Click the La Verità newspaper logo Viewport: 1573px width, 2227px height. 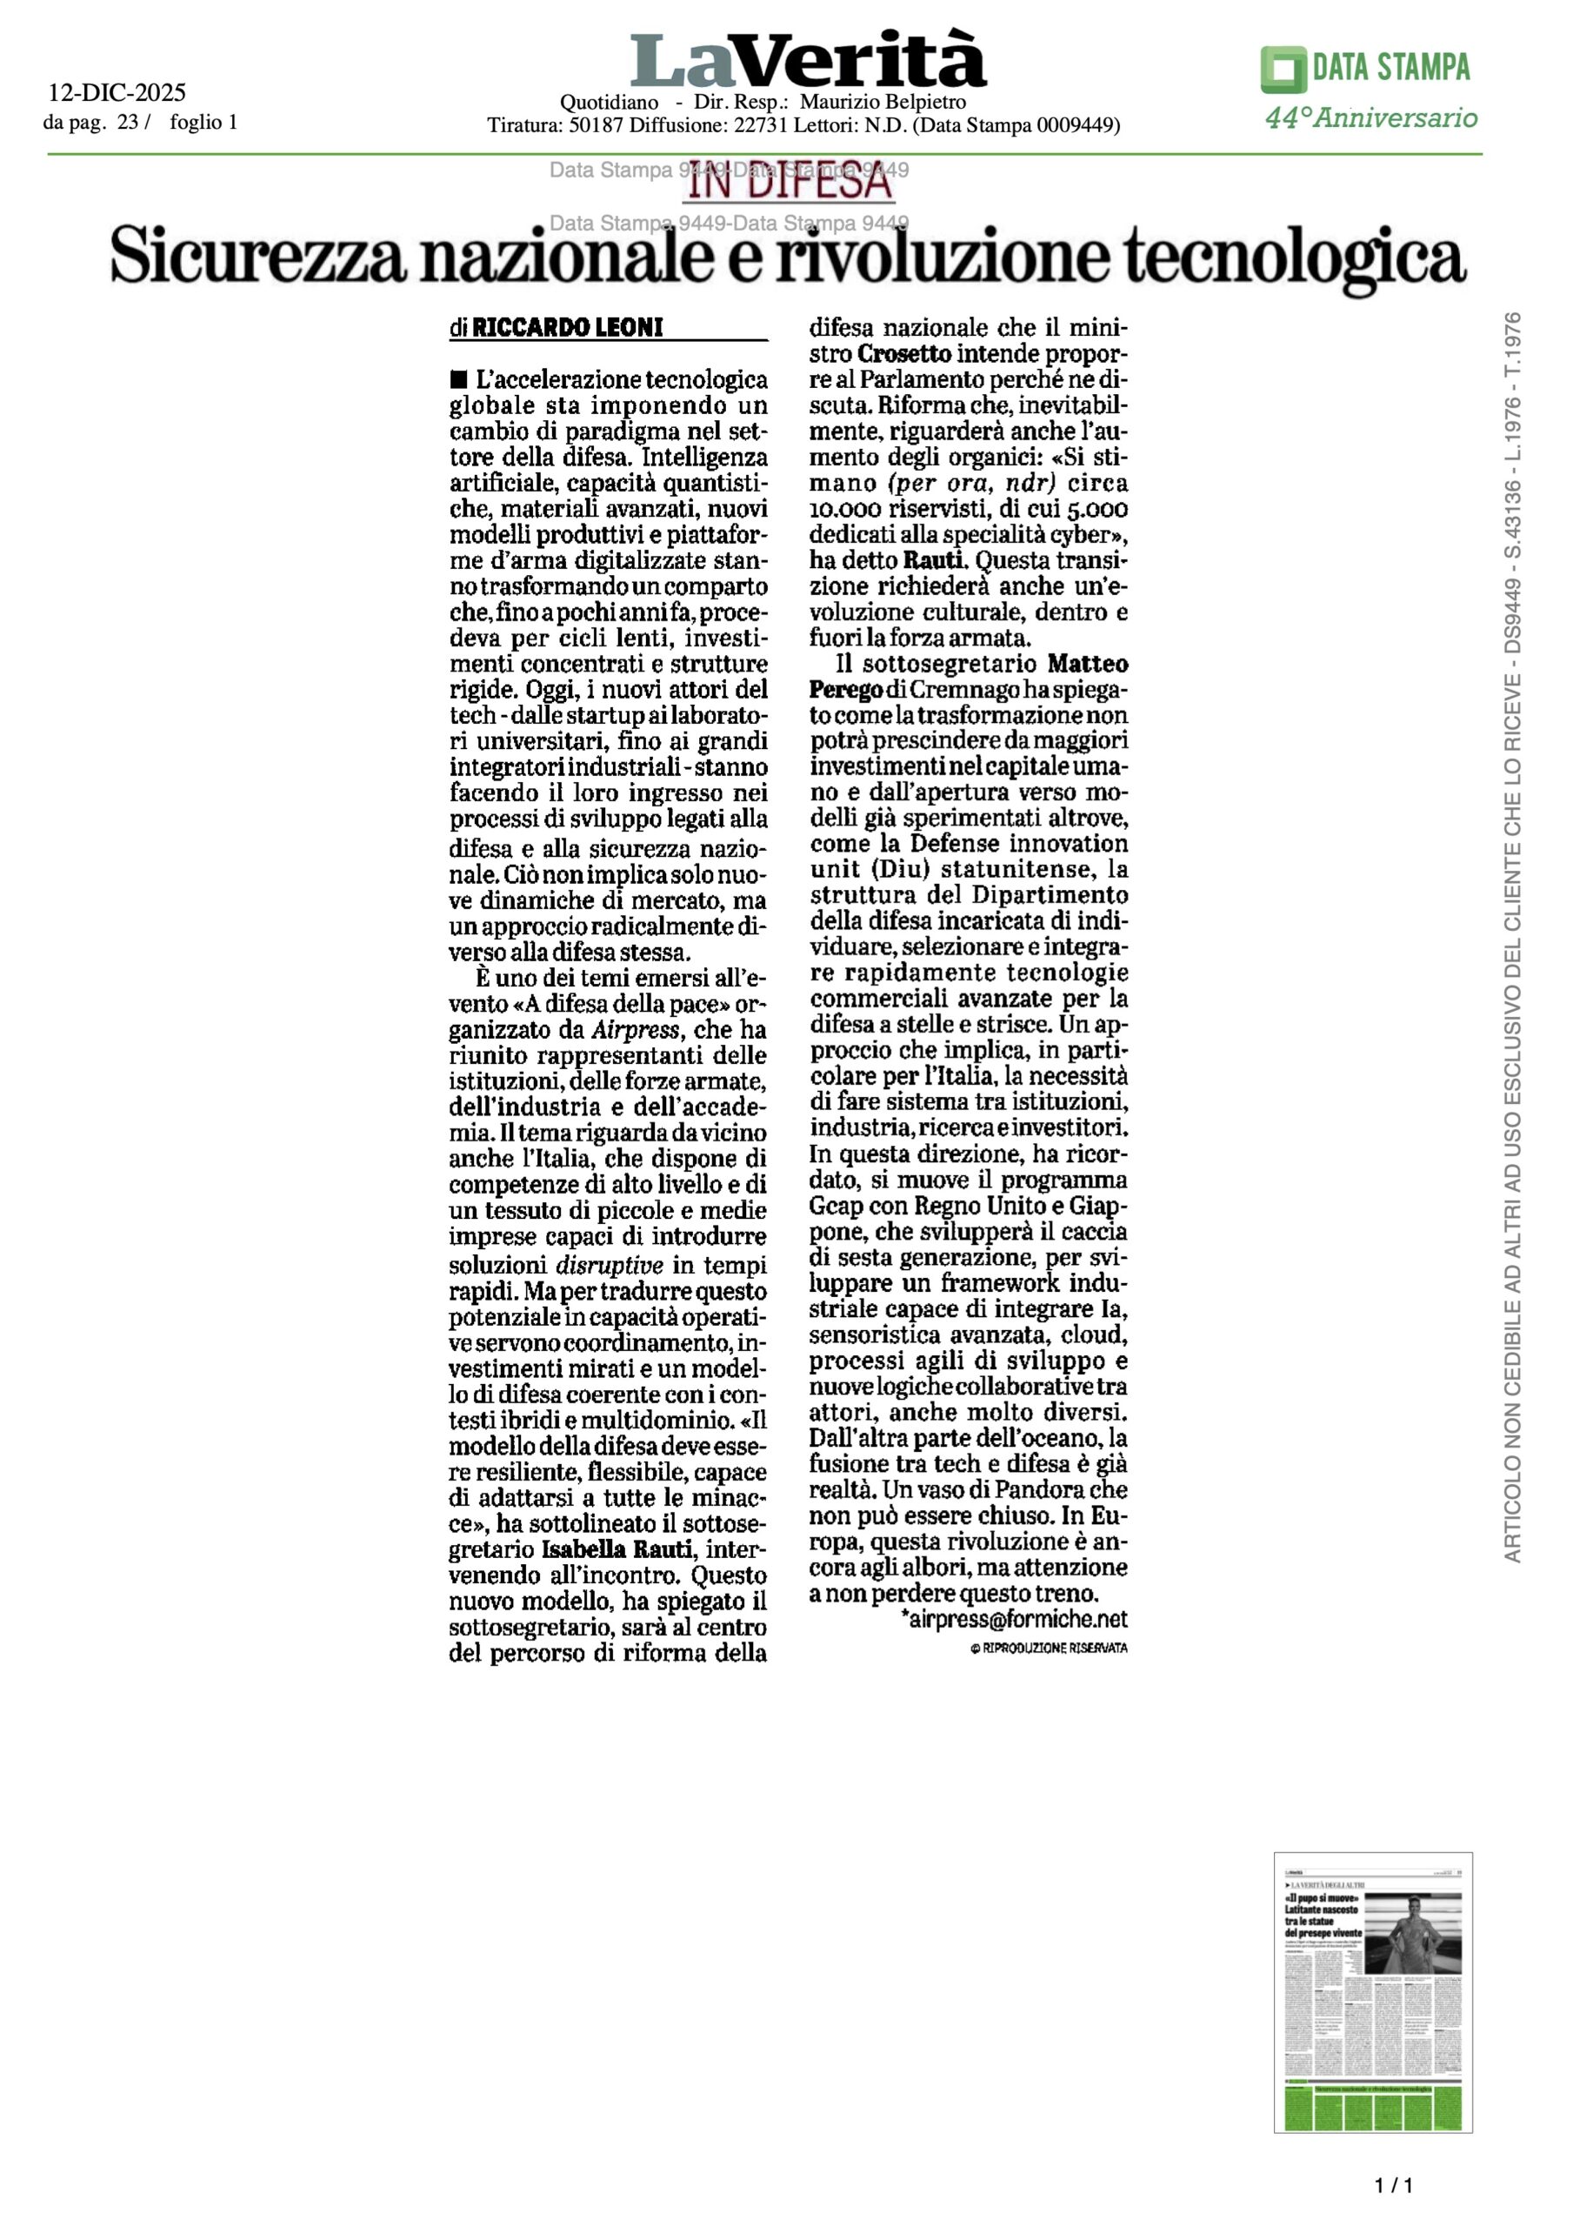pos(808,60)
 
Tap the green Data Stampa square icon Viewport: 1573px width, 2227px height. pos(1283,69)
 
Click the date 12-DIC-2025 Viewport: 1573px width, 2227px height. pos(117,93)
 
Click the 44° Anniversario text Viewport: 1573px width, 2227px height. pos(1371,118)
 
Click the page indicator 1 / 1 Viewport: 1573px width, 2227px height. pos(1394,2185)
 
